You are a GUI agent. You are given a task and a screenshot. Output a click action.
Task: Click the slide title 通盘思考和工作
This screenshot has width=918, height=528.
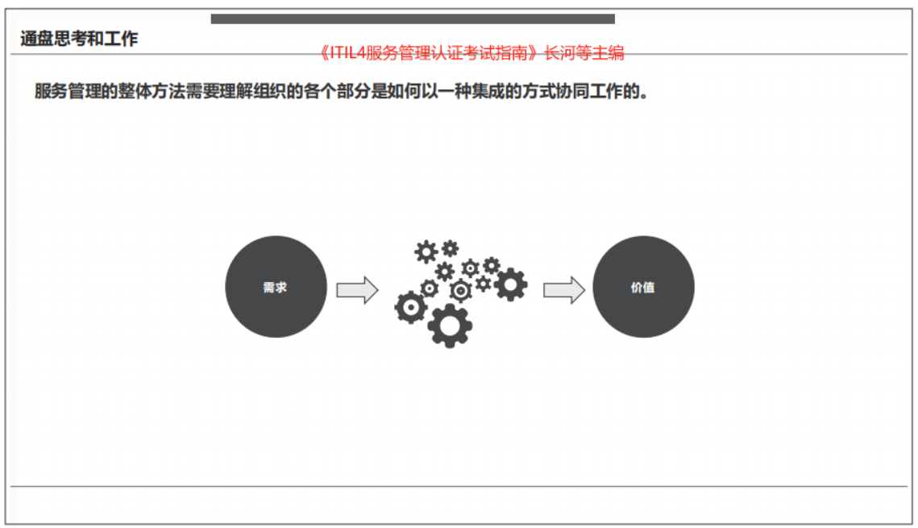point(79,39)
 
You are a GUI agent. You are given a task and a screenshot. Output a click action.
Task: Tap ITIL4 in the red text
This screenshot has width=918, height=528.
point(347,53)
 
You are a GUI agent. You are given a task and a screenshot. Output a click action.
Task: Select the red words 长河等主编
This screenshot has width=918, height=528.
point(584,53)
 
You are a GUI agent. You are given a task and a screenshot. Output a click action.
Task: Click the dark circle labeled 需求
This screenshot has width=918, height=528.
point(276,287)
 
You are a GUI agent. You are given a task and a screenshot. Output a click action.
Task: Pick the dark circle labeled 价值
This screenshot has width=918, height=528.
point(643,287)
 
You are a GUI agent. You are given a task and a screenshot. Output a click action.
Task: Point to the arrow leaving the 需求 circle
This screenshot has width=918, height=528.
point(357,289)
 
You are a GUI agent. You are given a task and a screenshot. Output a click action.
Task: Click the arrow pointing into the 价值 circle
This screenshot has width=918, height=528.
point(564,289)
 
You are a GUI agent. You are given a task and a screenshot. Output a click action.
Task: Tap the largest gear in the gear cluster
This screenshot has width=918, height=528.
point(450,326)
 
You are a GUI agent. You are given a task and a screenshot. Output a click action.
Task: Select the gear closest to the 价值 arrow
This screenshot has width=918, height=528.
point(510,285)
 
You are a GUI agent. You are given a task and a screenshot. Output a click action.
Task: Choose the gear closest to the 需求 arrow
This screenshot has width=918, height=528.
point(410,307)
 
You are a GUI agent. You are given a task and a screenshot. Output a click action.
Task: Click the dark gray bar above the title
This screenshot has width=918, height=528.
point(413,19)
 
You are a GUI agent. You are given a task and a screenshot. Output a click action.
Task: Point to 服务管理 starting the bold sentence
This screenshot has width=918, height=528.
point(68,91)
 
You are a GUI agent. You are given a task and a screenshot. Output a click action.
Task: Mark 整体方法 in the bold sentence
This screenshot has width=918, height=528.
point(151,91)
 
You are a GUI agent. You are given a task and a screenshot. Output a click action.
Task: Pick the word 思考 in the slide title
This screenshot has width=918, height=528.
point(71,39)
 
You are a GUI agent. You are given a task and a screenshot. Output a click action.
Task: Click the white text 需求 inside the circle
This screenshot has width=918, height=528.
point(275,288)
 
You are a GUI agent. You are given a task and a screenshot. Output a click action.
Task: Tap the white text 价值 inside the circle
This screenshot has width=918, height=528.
point(643,288)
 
